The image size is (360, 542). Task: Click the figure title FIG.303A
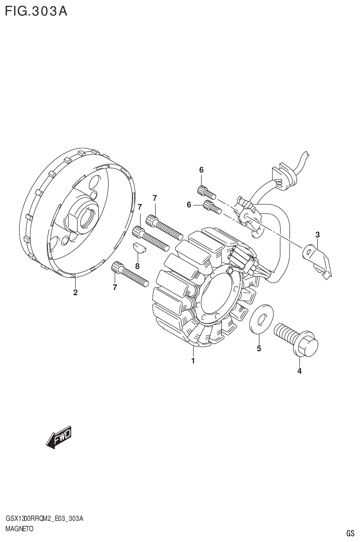36,11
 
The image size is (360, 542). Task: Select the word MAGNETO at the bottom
19,528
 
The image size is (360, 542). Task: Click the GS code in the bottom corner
350,533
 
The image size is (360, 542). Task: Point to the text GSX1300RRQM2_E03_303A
44,518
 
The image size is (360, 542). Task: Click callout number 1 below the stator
193,361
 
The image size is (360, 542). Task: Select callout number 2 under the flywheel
75,293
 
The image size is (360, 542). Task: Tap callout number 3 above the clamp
318,234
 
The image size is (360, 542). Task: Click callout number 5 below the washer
259,348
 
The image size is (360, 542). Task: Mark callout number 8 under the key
137,266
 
